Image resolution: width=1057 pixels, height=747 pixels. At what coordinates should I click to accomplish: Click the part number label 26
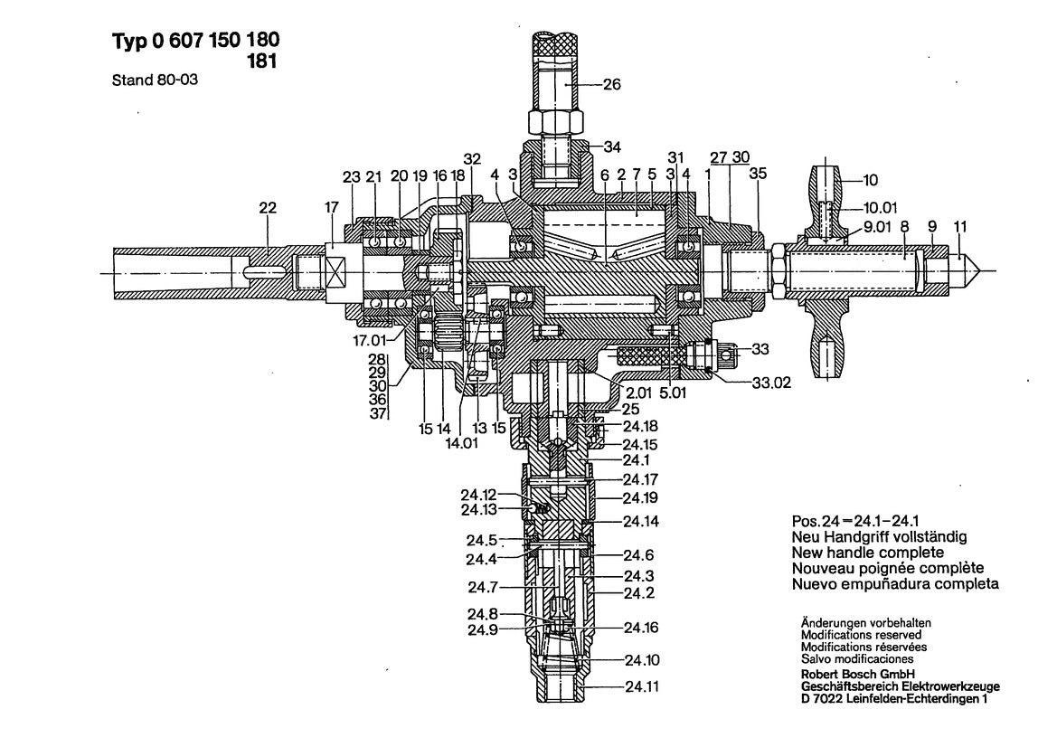tap(612, 88)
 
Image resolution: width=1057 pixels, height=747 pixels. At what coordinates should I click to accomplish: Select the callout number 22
tap(269, 207)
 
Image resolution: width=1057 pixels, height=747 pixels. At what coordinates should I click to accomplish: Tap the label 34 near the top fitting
tap(612, 146)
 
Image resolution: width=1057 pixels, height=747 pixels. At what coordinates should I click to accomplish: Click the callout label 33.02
tap(770, 383)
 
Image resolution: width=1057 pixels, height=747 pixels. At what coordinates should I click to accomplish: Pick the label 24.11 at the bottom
tap(642, 687)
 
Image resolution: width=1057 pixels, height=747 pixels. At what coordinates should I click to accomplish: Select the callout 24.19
tap(639, 498)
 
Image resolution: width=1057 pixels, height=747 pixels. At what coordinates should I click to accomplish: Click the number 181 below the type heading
tap(260, 61)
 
